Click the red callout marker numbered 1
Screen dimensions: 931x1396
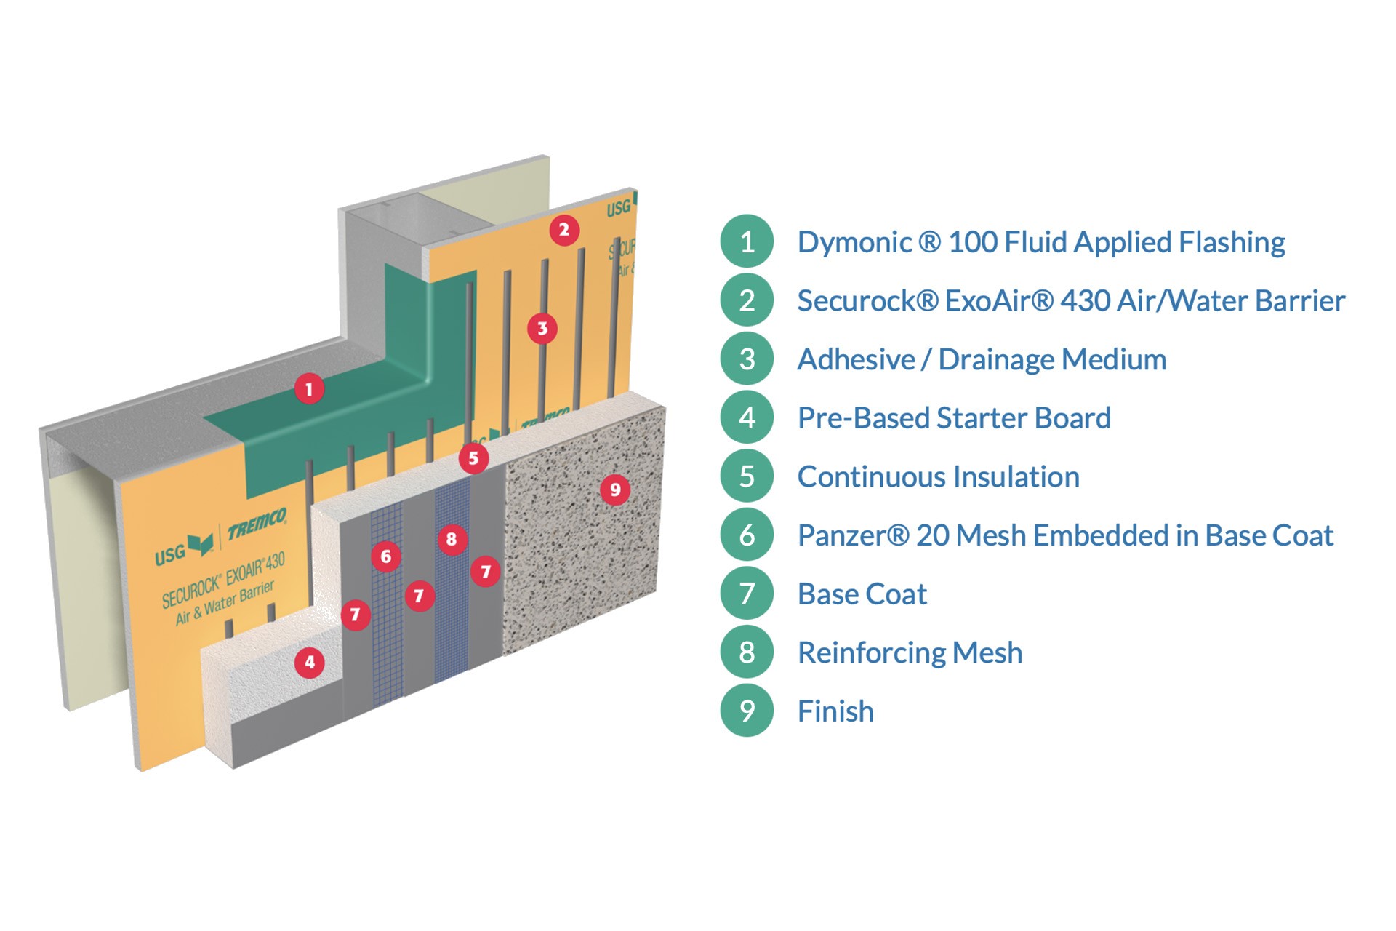[x=309, y=389]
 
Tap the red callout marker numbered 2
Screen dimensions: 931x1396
[x=564, y=231]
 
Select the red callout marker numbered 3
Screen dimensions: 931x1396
[x=542, y=329]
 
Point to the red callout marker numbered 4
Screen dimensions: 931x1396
[x=310, y=663]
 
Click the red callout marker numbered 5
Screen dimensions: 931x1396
[x=473, y=458]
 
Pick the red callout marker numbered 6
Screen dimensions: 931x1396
[x=386, y=557]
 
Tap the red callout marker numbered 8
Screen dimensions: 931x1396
[x=452, y=539]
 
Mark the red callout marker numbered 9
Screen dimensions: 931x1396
[x=615, y=490]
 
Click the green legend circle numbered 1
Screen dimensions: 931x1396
[x=747, y=241]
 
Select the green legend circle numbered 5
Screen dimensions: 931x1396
[x=747, y=476]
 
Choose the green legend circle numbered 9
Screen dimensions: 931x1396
[x=747, y=711]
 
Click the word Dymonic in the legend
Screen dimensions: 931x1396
[x=854, y=243]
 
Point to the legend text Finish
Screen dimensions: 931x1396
[x=835, y=711]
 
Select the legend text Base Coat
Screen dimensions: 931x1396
[x=862, y=594]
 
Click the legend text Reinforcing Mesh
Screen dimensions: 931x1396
[x=910, y=653]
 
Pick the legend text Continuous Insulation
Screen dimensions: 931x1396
[x=938, y=477]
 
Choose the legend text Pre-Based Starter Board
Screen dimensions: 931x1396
[x=954, y=418]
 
